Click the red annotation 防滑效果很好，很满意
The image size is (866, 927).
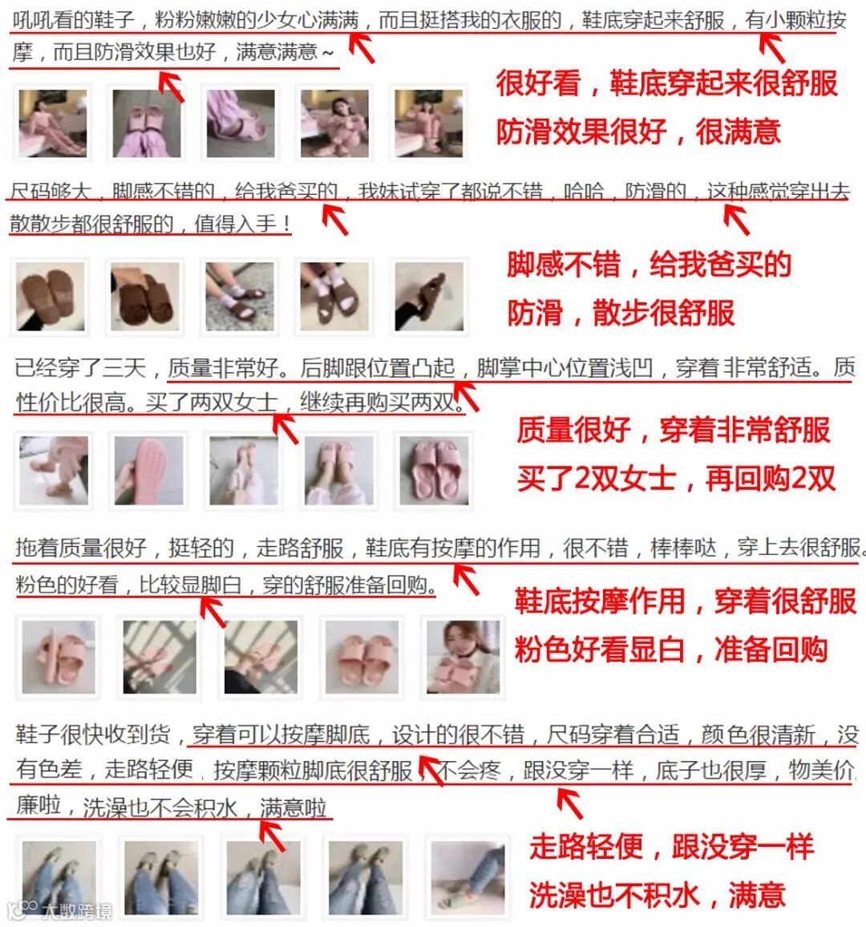pyautogui.click(x=638, y=132)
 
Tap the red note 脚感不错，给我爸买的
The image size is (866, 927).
pyautogui.click(x=649, y=265)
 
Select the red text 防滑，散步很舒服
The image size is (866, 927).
pyautogui.click(x=621, y=313)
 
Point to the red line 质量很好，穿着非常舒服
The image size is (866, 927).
pyautogui.click(x=674, y=430)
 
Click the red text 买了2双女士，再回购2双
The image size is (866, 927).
pyautogui.click(x=676, y=478)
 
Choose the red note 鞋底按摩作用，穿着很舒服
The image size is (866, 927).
pyautogui.click(x=686, y=601)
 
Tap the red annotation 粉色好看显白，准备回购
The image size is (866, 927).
pyautogui.click(x=671, y=650)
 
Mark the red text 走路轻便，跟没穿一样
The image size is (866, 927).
pyautogui.click(x=671, y=847)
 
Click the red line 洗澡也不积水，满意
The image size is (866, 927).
pyautogui.click(x=658, y=894)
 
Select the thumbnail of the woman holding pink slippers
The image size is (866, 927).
pyautogui.click(x=463, y=657)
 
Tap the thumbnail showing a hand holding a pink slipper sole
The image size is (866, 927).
pyautogui.click(x=148, y=471)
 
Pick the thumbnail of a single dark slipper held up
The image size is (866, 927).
pyautogui.click(x=429, y=297)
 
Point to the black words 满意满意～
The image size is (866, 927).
pyautogui.click(x=285, y=53)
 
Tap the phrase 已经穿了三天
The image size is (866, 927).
pyautogui.click(x=80, y=368)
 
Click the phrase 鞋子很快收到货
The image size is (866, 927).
pyautogui.click(x=93, y=735)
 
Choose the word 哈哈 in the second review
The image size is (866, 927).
pyautogui.click(x=584, y=191)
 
